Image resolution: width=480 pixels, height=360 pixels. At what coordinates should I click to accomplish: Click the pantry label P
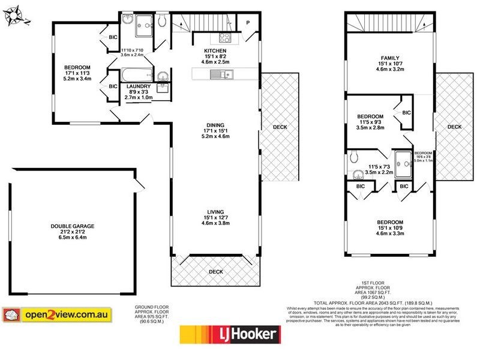pos(248,23)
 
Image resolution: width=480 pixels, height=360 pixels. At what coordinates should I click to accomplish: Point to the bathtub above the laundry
pos(132,76)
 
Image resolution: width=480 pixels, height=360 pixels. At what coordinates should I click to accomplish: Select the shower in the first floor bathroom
pos(403,160)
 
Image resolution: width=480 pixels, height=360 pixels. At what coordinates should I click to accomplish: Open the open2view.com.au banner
pos(66,314)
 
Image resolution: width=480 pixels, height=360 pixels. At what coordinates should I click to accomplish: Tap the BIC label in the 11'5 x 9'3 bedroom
pos(406,113)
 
